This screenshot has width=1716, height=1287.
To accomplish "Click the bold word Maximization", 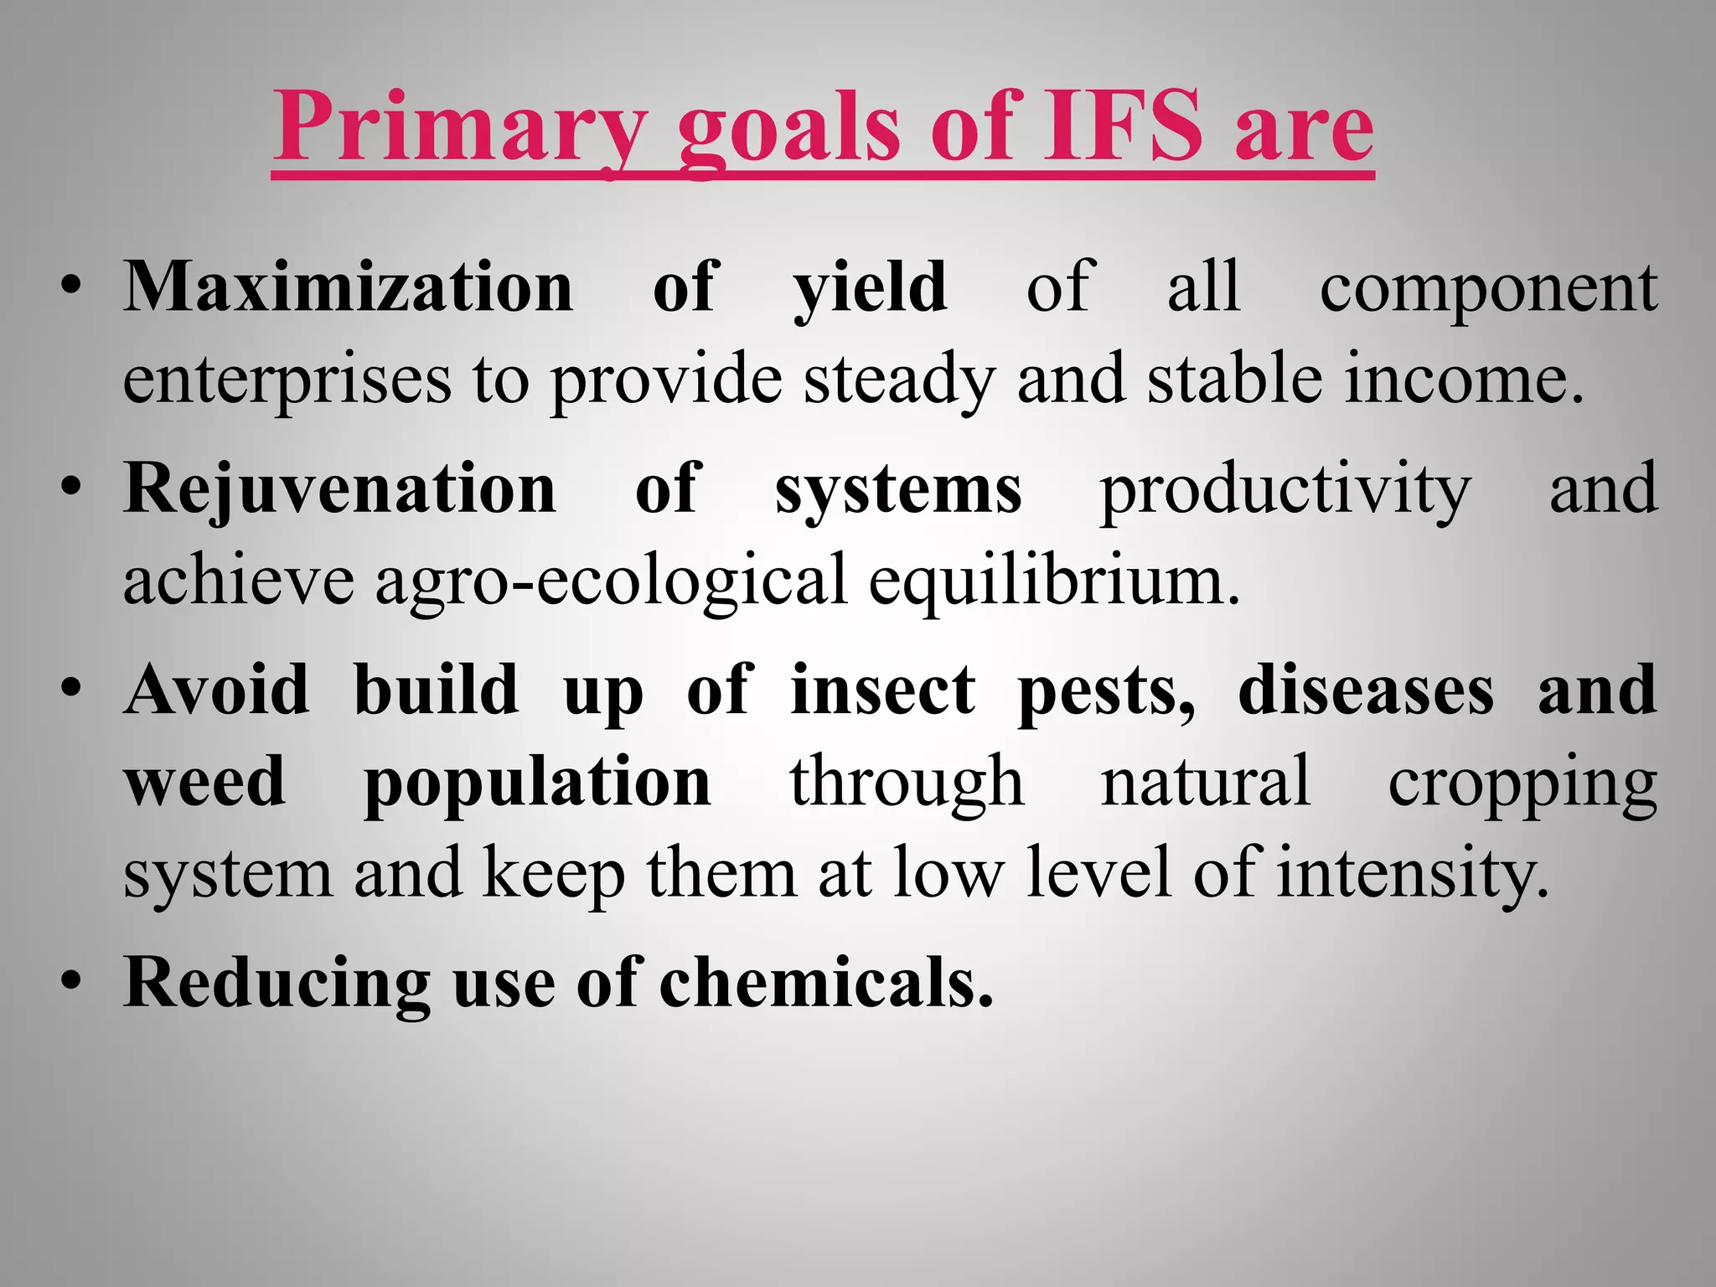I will click(x=348, y=287).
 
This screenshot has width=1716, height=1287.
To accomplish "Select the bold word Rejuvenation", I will click(x=339, y=489).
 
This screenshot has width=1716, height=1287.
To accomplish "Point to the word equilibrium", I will click(x=1054, y=581).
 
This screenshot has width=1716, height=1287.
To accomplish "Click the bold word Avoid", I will click(x=216, y=689).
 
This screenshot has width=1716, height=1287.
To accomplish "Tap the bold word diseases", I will click(x=1366, y=689).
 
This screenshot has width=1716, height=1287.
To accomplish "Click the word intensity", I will click(x=1413, y=873).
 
